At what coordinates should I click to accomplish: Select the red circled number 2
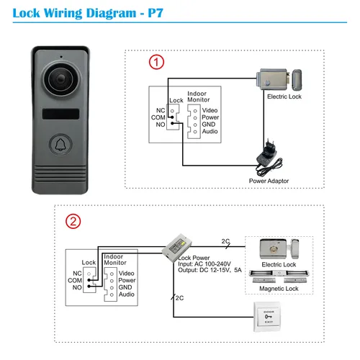pyautogui.click(x=73, y=221)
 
